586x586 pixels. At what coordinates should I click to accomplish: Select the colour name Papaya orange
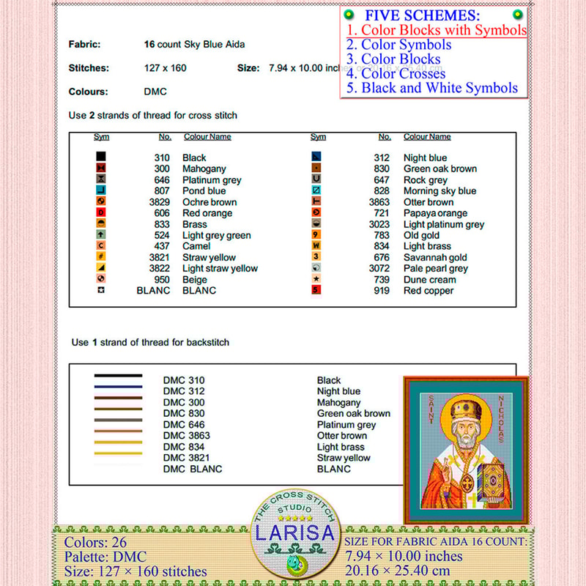435,213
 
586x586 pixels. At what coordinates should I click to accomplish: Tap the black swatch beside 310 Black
101,157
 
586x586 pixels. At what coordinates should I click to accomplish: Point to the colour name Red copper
429,291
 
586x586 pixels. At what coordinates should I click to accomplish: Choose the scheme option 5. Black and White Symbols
432,89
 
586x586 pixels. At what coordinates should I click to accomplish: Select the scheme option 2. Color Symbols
398,45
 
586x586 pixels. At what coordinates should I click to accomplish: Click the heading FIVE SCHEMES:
423,15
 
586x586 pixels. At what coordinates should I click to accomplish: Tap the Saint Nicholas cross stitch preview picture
466,450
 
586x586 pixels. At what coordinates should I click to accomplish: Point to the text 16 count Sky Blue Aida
194,45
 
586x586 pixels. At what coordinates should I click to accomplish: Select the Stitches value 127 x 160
165,68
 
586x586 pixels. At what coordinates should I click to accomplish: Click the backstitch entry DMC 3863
186,436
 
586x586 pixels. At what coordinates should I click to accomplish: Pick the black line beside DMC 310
118,376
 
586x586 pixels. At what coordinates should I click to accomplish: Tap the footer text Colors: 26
95,543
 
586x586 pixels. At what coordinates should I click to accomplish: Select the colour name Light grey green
216,236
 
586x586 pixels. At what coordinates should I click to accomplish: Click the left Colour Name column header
207,137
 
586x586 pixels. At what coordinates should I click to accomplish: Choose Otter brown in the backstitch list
342,436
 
